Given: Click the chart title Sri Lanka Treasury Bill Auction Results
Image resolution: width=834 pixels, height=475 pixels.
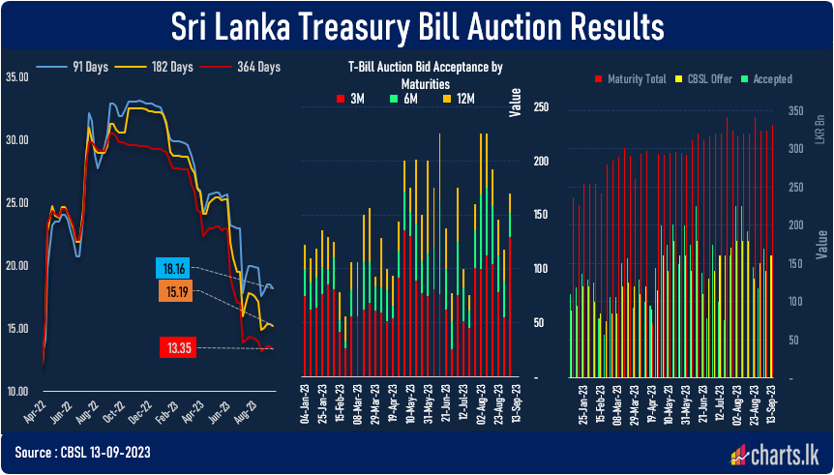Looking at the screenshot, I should (x=418, y=26).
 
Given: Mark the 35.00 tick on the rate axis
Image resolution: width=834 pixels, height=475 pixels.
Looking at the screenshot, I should (x=17, y=75).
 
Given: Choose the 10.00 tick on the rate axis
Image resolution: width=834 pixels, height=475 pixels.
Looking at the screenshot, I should (x=17, y=392).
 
